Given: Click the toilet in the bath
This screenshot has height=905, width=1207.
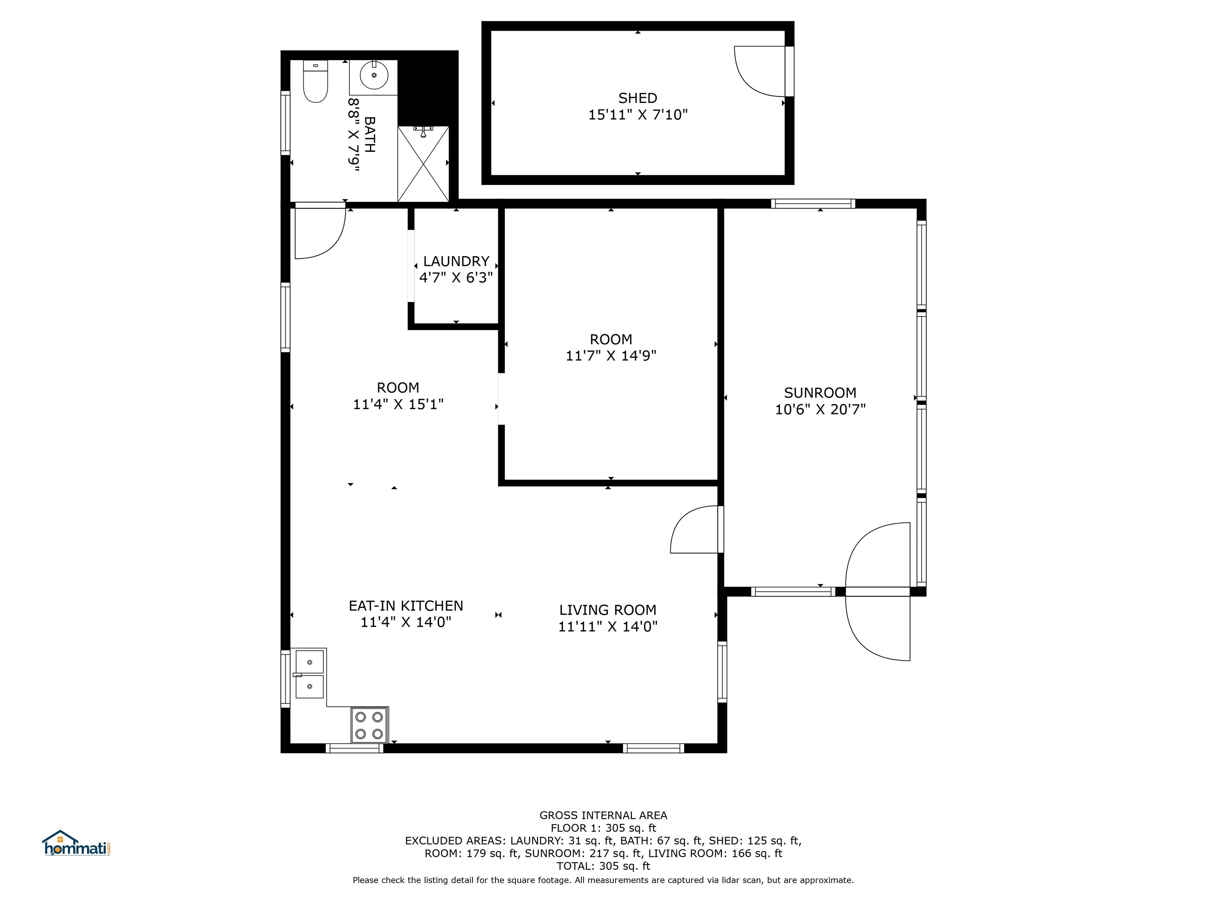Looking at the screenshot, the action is [316, 82].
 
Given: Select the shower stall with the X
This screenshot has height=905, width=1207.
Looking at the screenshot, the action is [424, 164].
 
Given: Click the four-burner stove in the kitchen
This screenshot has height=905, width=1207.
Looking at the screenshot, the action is [369, 725].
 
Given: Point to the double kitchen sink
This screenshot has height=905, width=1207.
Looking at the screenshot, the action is [309, 674].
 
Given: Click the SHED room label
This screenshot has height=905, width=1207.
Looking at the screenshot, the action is [637, 98].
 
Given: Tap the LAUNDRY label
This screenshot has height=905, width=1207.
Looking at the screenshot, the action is [456, 261].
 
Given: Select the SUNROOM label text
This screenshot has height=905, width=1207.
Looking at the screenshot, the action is [820, 393].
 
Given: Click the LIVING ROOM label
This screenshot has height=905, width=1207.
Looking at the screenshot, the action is [608, 610].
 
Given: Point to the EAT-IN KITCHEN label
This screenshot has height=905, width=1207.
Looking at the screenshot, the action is [406, 606].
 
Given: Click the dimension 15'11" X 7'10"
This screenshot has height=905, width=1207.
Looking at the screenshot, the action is [638, 115].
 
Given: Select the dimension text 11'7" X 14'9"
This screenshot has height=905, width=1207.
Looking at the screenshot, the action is [611, 355].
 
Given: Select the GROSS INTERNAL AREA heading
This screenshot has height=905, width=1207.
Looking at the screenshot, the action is [603, 815].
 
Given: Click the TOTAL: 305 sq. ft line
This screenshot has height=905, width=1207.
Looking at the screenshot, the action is [603, 866].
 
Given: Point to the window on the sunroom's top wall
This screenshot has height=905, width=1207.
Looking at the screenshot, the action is [813, 203].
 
